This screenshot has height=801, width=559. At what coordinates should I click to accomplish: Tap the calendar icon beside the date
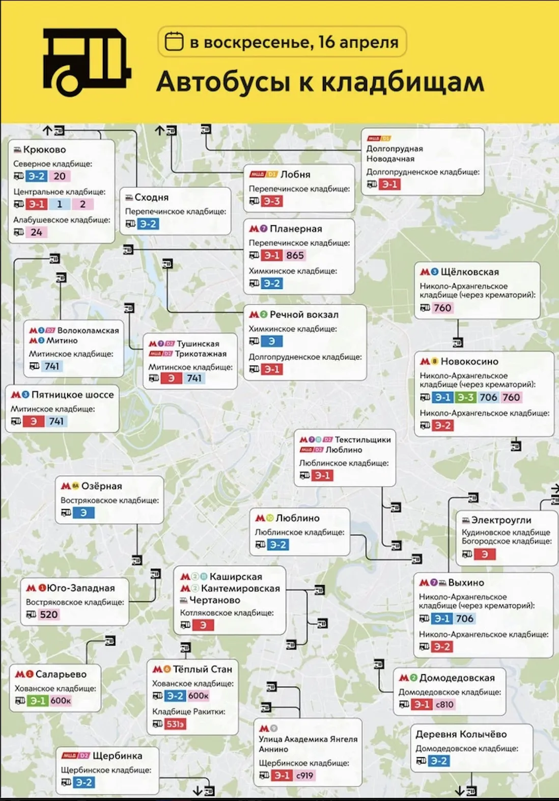[x=174, y=42]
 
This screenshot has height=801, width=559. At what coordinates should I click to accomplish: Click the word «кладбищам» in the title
[x=402, y=82]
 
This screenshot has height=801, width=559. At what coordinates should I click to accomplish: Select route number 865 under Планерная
[x=295, y=255]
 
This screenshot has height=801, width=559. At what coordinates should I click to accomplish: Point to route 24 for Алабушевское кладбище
[x=36, y=232]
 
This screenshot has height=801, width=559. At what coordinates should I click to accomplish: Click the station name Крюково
[x=44, y=150]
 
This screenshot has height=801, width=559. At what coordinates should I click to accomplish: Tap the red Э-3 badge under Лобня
[x=272, y=201]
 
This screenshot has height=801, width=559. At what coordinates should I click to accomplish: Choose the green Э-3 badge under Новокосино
[x=465, y=397]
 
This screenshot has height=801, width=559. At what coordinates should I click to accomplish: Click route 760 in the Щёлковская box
[x=442, y=308]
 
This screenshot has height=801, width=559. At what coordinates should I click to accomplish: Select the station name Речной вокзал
[x=304, y=315]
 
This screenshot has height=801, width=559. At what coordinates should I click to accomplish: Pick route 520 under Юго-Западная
[x=49, y=615]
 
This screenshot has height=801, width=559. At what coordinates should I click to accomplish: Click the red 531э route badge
[x=175, y=724]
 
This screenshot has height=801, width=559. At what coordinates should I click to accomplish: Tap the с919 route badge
[x=304, y=776]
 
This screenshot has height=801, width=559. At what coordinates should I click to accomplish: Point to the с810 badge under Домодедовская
[x=444, y=705]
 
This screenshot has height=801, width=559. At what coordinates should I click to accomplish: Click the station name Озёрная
[x=102, y=486]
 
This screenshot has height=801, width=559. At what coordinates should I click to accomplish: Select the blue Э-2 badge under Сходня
[x=148, y=224]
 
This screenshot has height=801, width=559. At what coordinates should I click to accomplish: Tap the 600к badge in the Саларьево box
[x=61, y=701]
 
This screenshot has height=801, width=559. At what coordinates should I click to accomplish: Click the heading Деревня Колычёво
[x=461, y=734]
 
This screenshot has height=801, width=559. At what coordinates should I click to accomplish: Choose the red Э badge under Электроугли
[x=485, y=554]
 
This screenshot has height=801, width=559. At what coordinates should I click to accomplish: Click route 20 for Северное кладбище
[x=60, y=176]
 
